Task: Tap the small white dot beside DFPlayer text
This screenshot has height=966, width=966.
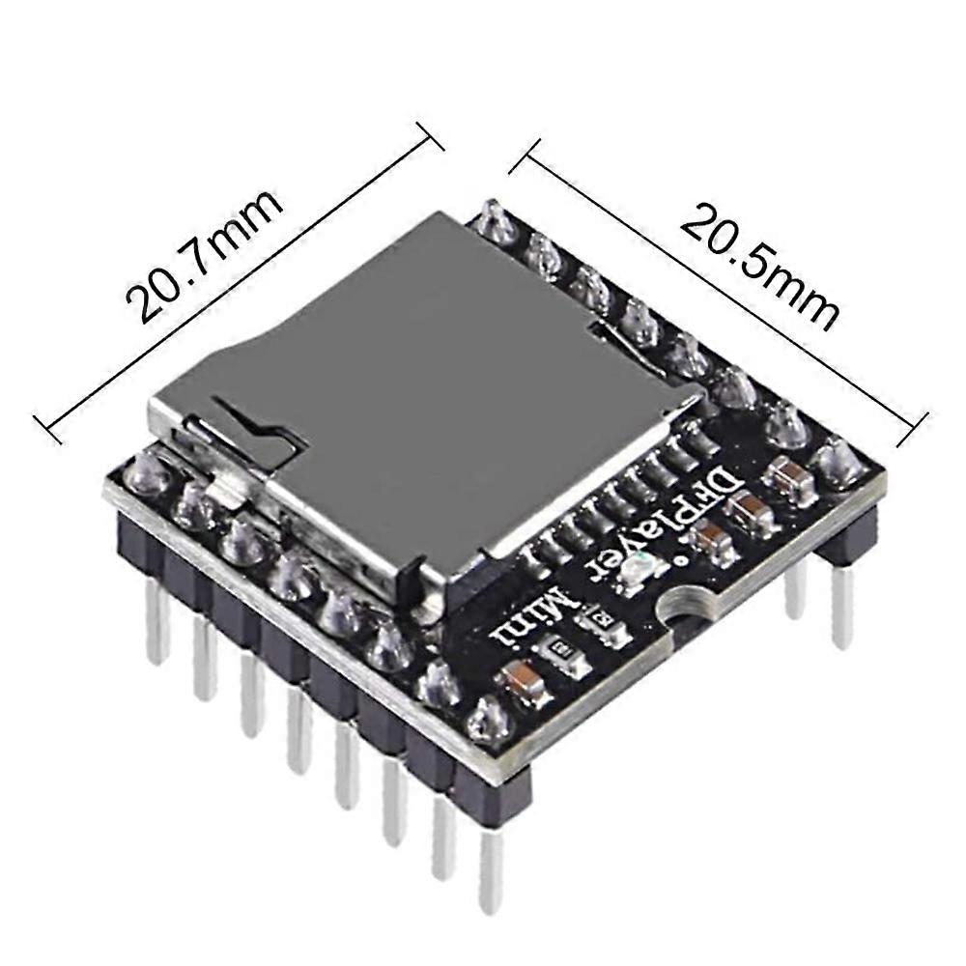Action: click(x=682, y=561)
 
